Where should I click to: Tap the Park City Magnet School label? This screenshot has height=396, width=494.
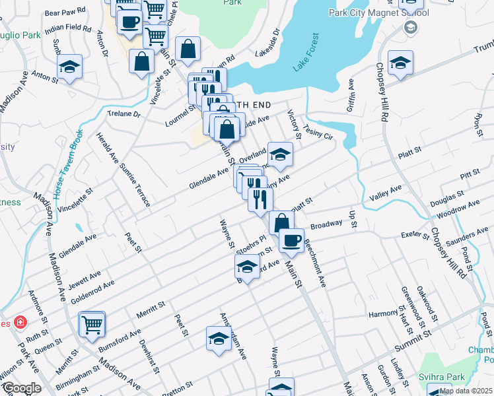[x=378, y=13]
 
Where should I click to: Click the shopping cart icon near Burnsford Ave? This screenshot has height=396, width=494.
[x=92, y=323]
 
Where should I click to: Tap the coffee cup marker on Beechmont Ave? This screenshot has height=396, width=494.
[x=291, y=240]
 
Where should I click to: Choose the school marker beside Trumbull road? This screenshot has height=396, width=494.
[x=400, y=63]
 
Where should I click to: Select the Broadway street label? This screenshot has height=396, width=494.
[x=326, y=224]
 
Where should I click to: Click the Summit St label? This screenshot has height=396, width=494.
[x=413, y=339]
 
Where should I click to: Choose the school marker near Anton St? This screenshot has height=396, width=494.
[x=69, y=67]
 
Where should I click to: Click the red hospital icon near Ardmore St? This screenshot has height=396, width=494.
[x=21, y=322]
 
